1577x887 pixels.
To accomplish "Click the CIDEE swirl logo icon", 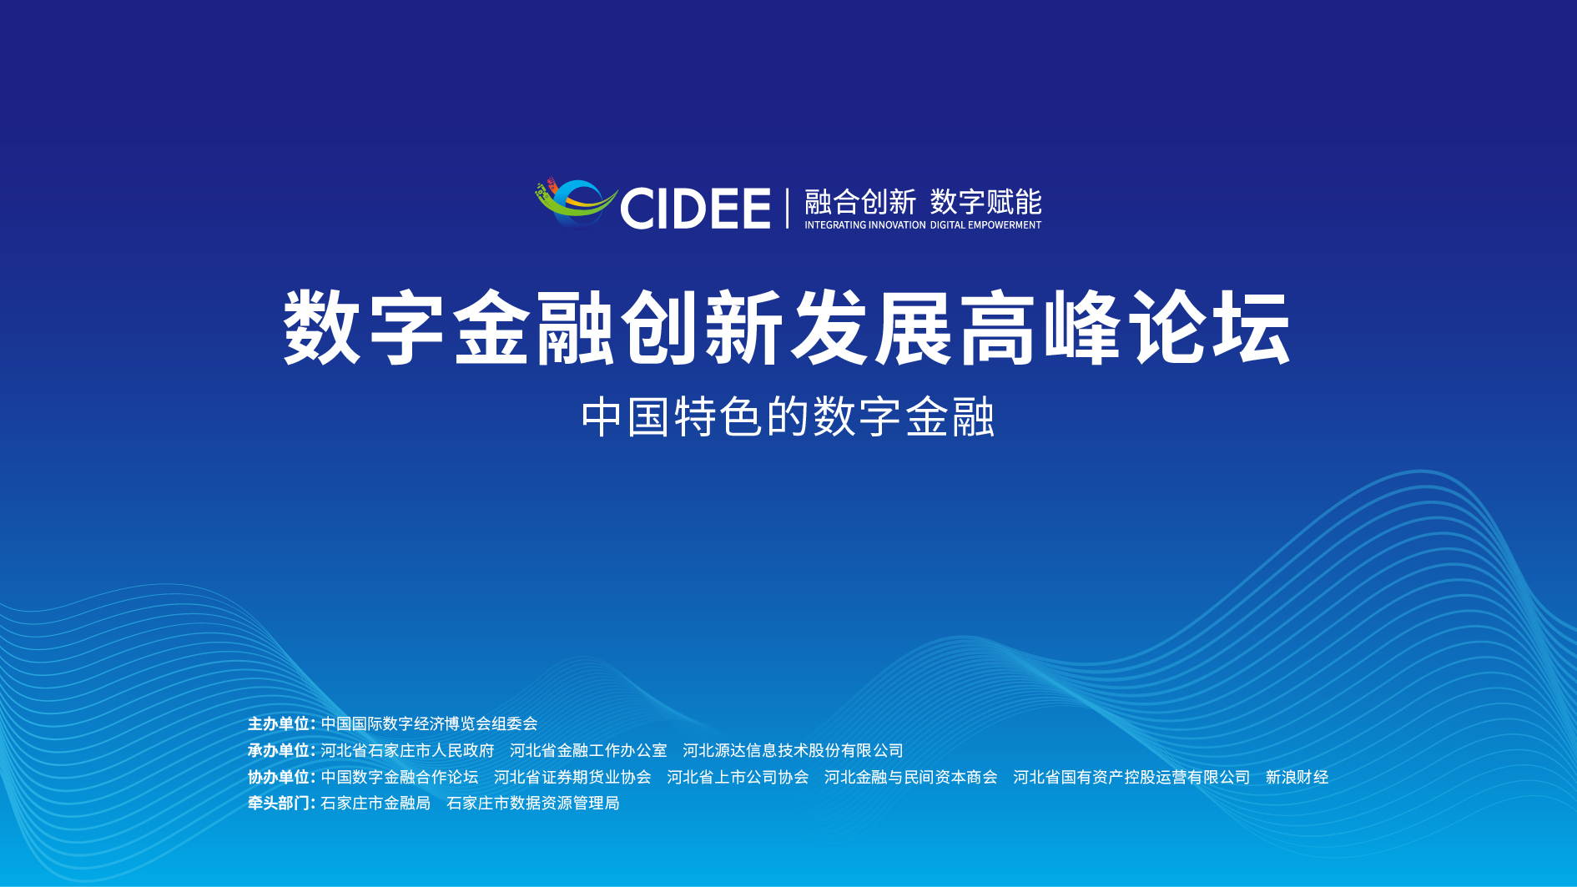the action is pos(576,203).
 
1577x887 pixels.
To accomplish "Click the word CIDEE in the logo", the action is pos(695,209).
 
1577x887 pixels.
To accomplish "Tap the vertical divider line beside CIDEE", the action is pos(787,208).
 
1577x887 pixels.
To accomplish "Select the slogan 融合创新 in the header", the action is pos(860,202).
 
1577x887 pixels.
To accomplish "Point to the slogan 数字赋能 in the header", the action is pos(986,202).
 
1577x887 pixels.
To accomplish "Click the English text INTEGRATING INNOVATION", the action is pos(865,225).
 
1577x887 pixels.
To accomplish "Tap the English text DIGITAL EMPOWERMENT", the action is pos(986,225).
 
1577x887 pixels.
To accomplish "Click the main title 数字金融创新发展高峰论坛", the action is pos(788,327).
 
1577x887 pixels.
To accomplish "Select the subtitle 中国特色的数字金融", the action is pos(788,417).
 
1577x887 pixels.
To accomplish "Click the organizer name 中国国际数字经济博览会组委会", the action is pos(429,723).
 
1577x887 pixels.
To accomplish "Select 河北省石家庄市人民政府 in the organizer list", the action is pos(407,750).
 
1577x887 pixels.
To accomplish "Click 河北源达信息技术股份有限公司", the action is pos(793,750).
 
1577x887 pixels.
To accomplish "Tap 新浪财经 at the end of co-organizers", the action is pos(1297,777).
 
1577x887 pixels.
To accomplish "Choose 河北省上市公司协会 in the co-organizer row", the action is pos(738,777).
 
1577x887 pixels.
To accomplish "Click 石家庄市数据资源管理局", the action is pos(533,803).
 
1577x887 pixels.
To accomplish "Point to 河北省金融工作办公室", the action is pos(588,750).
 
